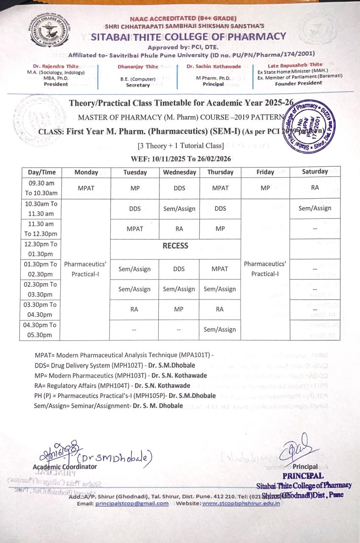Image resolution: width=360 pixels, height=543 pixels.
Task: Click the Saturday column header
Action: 315,171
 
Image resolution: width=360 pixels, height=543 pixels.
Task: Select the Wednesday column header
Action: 179,172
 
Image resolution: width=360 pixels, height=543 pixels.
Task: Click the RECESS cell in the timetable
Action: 176,246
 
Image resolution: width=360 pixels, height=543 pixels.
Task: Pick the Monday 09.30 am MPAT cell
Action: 86,188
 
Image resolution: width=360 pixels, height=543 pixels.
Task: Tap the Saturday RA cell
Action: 315,188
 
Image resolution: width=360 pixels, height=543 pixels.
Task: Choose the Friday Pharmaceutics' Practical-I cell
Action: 265,269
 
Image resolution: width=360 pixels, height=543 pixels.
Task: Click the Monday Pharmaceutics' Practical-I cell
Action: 85,269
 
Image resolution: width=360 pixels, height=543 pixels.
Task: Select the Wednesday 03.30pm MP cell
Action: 179,309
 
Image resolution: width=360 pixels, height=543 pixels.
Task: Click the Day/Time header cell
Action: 42,172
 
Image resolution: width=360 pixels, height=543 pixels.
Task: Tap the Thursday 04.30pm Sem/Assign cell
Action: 220,329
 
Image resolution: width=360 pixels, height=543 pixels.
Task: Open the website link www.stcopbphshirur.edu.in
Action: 241,504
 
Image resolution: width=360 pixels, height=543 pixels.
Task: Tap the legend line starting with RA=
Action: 112,386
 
